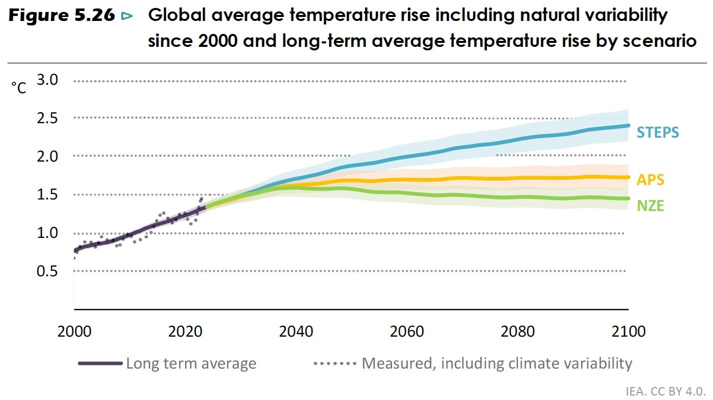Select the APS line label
click(651, 180)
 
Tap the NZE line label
click(650, 205)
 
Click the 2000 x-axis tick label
click(74, 332)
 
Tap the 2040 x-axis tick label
click(296, 332)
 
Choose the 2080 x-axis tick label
click(518, 332)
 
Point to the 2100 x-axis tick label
click(628, 332)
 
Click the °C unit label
click(19, 88)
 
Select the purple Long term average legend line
click(100, 364)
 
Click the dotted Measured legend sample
click(335, 364)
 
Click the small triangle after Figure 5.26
click(127, 16)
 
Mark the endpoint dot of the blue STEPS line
click(628, 125)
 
